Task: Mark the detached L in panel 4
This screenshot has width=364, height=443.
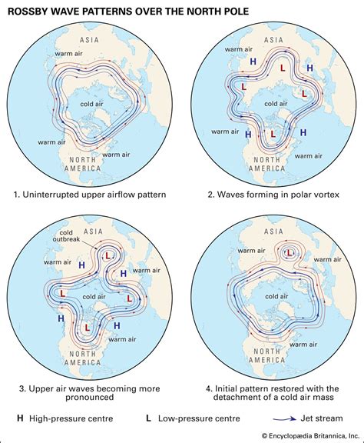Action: pos(290,252)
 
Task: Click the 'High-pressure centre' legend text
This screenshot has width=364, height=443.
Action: pos(65,419)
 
